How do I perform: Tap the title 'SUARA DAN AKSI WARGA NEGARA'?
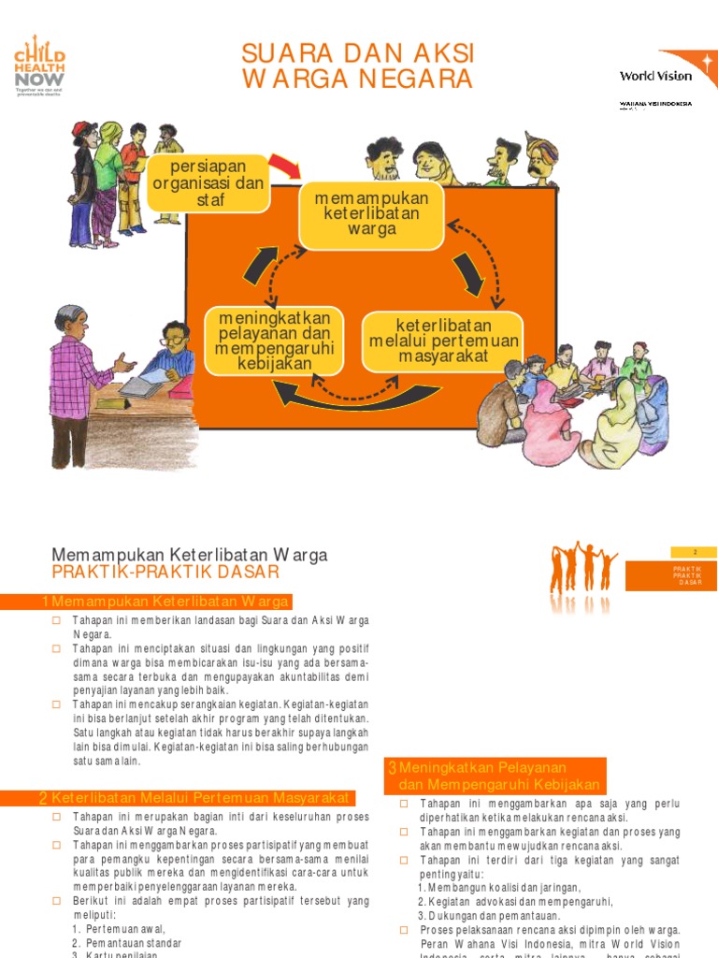[x=358, y=65]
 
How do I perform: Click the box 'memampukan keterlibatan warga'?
[x=371, y=216]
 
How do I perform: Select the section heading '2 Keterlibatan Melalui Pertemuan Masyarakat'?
[x=196, y=798]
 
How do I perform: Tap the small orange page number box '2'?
[x=694, y=553]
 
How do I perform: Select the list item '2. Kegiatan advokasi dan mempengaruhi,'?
[x=515, y=901]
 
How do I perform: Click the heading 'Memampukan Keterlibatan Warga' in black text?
[x=190, y=555]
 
